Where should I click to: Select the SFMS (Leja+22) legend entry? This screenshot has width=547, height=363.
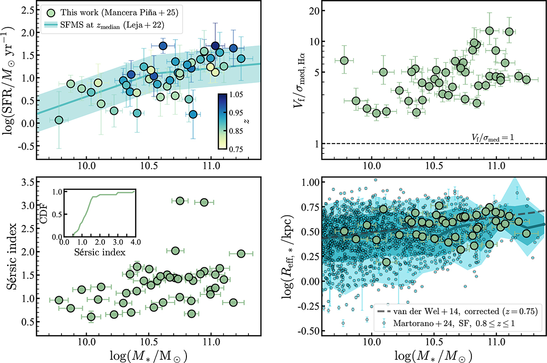click(114, 25)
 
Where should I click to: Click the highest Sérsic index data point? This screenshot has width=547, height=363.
click(180, 201)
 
